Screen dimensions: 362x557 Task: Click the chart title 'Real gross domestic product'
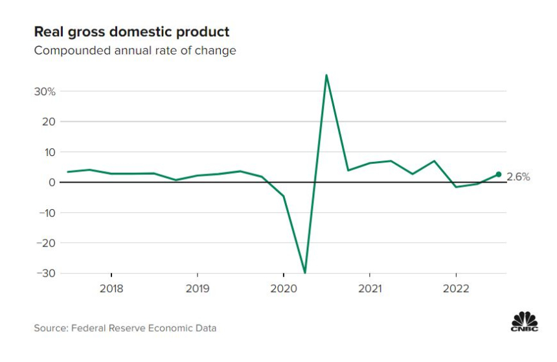[131, 32]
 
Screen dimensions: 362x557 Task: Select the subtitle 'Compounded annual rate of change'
[135, 51]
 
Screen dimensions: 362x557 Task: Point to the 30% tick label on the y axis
[45, 91]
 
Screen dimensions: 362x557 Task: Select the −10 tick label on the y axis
[45, 212]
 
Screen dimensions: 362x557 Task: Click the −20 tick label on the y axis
[45, 243]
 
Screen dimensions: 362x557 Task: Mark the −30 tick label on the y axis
[45, 273]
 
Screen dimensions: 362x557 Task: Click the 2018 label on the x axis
[111, 288]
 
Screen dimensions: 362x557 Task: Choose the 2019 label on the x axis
[198, 288]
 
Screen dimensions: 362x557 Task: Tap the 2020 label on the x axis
[284, 288]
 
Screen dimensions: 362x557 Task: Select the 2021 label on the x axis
[369, 288]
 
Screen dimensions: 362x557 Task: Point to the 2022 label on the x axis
[455, 288]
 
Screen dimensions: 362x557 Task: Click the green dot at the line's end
[498, 174]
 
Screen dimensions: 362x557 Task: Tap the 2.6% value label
[518, 177]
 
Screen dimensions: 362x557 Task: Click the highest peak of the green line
[326, 75]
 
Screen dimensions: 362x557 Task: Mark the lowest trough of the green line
[304, 273]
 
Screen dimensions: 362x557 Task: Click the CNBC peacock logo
[525, 322]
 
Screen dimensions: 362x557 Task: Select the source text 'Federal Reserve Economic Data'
[144, 328]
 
